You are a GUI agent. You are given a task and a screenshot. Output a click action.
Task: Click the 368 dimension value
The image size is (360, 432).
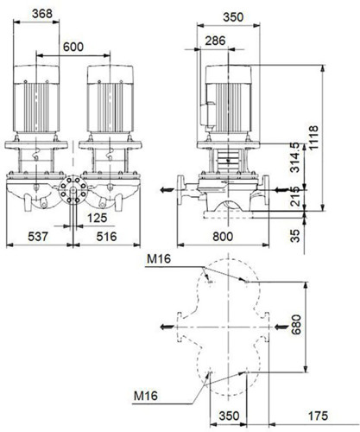(x=42, y=14)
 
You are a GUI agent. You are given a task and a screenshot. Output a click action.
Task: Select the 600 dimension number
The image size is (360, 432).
(x=73, y=47)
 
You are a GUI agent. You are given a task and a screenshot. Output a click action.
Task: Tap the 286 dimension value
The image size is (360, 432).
(x=215, y=41)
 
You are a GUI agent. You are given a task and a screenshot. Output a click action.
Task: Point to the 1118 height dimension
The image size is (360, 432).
(x=313, y=137)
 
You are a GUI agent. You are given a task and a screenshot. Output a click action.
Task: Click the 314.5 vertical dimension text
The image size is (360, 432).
(x=295, y=157)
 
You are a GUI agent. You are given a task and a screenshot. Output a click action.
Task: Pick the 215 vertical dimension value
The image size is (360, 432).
(x=295, y=196)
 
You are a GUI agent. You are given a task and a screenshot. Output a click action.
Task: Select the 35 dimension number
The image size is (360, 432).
(x=295, y=236)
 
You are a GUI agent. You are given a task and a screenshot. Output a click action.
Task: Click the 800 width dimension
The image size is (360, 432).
(x=223, y=237)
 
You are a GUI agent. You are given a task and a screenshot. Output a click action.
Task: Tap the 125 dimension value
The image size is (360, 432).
(x=97, y=218)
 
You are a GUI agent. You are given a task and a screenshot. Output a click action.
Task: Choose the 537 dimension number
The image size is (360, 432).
(x=38, y=237)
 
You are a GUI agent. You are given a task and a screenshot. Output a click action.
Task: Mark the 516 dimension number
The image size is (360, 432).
(x=106, y=237)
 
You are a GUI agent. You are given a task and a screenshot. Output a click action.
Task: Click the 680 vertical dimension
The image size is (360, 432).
(x=296, y=325)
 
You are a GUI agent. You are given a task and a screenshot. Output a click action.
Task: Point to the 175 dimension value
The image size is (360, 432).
(x=318, y=416)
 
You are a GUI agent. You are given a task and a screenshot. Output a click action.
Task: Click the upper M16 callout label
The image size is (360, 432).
(x=159, y=259)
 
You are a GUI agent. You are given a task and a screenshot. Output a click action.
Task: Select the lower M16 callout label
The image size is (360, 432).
(x=146, y=396)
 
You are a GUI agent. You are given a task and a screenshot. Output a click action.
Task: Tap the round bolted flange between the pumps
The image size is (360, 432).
(x=73, y=189)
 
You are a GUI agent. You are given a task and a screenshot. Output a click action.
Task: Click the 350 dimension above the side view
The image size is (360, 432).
(x=233, y=17)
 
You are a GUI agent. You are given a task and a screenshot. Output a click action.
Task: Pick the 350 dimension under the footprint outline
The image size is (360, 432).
(x=229, y=416)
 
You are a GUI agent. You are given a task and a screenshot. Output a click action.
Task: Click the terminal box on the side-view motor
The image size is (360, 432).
(x=208, y=114)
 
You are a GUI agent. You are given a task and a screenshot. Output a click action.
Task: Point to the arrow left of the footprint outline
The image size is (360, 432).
(x=167, y=327)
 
